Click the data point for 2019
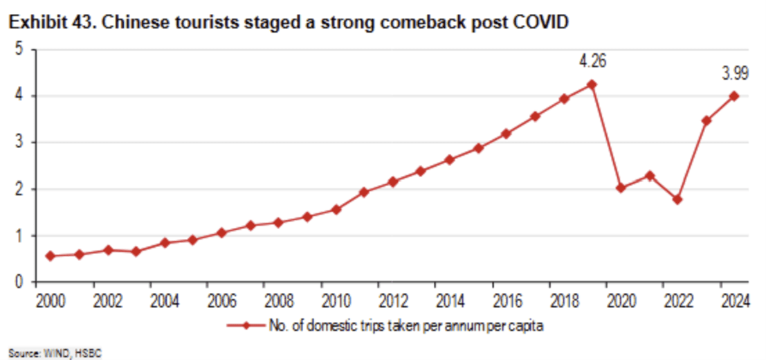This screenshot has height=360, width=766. coord(592,84)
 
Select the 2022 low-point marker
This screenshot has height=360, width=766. coord(677,199)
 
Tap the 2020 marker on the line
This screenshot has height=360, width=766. coord(621,188)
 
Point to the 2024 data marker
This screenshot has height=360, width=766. coord(734,96)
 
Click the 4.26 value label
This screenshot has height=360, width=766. coord(592,62)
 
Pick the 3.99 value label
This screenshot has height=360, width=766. coord(734,73)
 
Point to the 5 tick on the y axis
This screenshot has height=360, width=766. coord(20,50)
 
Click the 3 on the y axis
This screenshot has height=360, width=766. coord(20,143)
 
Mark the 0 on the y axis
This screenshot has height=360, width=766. coord(20,282)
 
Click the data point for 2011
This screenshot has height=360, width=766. coord(364,192)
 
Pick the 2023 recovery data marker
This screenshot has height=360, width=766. coord(706,120)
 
